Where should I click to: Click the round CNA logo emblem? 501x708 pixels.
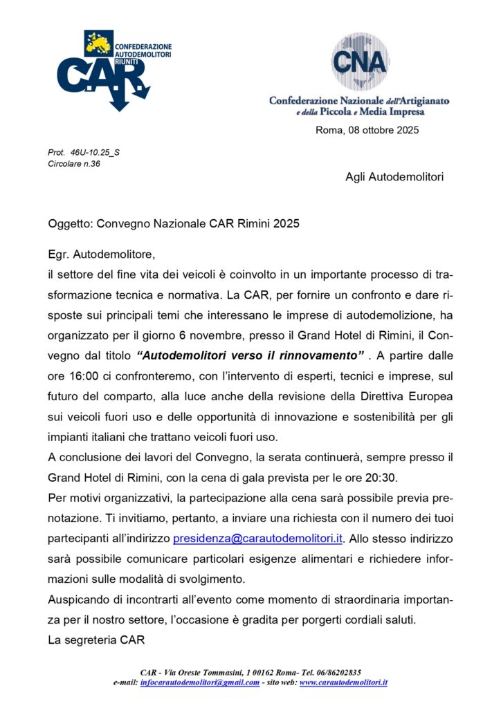tap(359, 60)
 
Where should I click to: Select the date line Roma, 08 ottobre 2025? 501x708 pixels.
tap(367, 130)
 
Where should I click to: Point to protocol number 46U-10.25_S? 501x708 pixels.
tap(90, 152)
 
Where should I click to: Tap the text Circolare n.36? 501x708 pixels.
tap(74, 164)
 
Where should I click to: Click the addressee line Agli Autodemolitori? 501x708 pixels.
tap(394, 177)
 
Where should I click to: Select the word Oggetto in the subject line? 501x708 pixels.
tap(69, 224)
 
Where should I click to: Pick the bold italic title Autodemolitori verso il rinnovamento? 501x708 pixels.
tap(251, 355)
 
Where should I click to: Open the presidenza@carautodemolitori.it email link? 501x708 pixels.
tap(258, 537)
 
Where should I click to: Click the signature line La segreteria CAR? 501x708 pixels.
tap(96, 640)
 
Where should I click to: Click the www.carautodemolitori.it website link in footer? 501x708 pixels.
tap(343, 682)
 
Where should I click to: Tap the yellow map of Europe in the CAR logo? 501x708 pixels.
tap(98, 43)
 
